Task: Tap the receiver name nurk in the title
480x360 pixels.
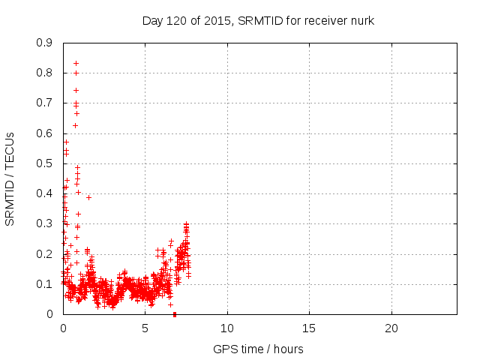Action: pyautogui.click(x=361, y=20)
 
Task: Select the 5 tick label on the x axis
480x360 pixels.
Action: pyautogui.click(x=145, y=328)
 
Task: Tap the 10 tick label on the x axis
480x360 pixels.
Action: pyautogui.click(x=227, y=328)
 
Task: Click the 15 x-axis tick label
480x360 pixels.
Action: pyautogui.click(x=309, y=328)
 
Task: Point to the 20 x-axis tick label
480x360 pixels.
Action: pyautogui.click(x=391, y=328)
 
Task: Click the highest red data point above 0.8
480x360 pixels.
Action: pyautogui.click(x=76, y=63)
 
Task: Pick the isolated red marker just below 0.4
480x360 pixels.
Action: pyautogui.click(x=88, y=197)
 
